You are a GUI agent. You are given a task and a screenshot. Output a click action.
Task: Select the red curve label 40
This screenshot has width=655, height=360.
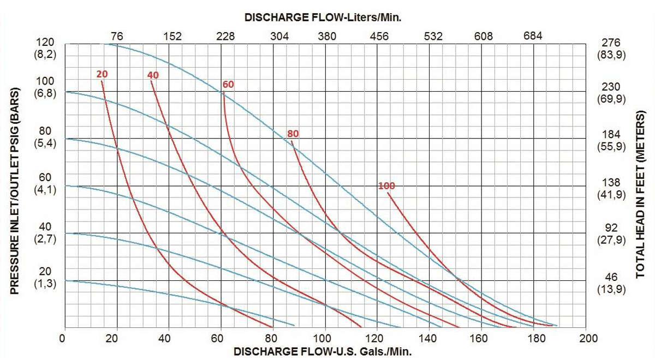(x=153, y=75)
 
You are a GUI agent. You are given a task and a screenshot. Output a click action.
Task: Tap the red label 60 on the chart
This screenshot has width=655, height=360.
(x=228, y=84)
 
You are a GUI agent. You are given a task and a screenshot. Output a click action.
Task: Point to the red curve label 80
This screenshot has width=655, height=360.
(x=293, y=134)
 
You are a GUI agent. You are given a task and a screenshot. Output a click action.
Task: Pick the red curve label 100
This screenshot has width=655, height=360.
(x=386, y=186)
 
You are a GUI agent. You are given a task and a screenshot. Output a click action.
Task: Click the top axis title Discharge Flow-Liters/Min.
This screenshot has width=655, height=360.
(x=323, y=17)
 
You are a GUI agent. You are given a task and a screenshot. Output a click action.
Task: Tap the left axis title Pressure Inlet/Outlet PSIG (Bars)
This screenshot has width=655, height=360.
(x=15, y=184)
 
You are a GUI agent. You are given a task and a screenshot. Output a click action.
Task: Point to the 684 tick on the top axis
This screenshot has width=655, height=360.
(x=533, y=37)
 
